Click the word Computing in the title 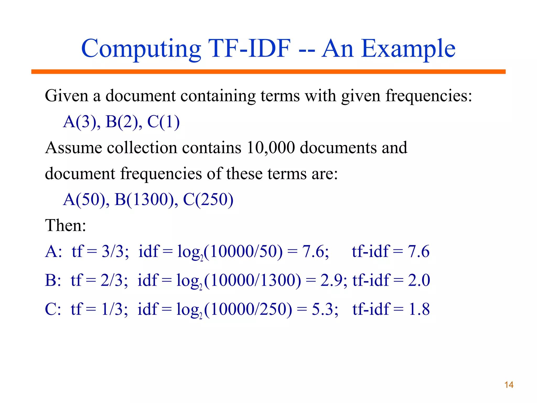141,49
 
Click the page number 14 509,385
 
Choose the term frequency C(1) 163,122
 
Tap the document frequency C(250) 208,199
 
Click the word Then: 66,225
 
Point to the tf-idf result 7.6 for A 418,251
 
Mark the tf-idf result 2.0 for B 419,280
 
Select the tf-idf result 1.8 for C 419,309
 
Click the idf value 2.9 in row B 331,280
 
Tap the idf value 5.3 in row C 323,309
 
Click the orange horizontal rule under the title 268,72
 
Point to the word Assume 73,147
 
